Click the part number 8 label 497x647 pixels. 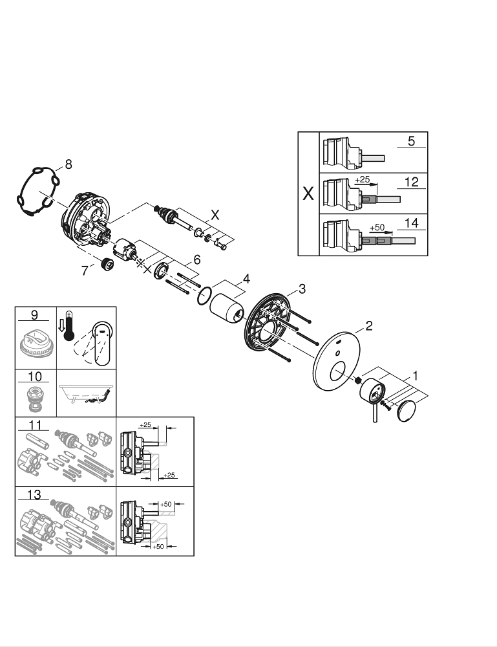[x=68, y=164]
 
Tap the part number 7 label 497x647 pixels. [x=84, y=271]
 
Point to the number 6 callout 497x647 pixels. [x=197, y=259]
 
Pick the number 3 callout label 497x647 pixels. [x=301, y=288]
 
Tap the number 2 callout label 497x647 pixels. [x=368, y=325]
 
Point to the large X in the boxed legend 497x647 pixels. [x=309, y=193]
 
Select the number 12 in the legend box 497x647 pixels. [x=411, y=182]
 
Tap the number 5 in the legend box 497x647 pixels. [x=411, y=140]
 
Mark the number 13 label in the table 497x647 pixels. [x=34, y=495]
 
